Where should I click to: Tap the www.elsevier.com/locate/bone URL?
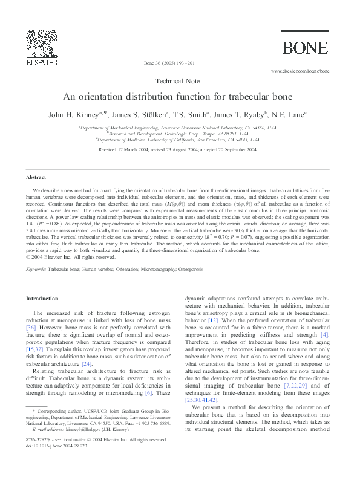tap(300, 71)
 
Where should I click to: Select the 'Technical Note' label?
tap(180, 80)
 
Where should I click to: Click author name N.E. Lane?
tap(293, 114)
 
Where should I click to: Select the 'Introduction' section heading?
tap(42, 299)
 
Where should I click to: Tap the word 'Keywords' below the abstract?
tap(36, 269)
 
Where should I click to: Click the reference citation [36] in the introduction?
tap(31, 327)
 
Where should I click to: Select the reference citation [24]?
tap(87, 364)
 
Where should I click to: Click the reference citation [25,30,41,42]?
tap(201, 400)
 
